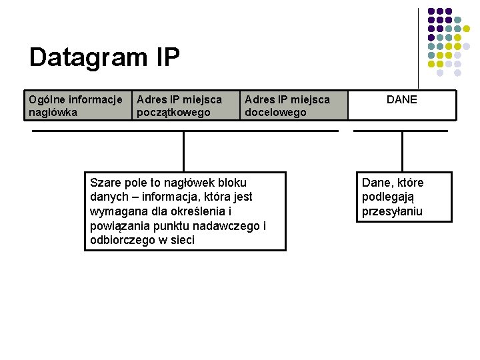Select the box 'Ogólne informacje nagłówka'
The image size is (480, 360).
[x=77, y=105]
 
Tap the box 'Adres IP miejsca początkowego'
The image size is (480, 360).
[x=186, y=105]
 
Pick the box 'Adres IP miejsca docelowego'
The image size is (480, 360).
[x=294, y=105]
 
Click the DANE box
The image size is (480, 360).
[x=402, y=105]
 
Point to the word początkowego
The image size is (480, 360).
[x=173, y=112]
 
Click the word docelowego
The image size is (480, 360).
[x=275, y=112]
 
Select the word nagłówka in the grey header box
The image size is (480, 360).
[x=53, y=112]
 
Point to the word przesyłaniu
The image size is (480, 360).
[x=392, y=212]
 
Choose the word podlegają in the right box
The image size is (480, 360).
[x=388, y=197]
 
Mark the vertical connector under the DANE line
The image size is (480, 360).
[x=402, y=151]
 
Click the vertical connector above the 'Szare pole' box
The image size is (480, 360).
[x=183, y=151]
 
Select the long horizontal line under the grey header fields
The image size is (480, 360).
[x=185, y=131]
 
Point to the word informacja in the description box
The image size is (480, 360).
[x=186, y=197]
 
